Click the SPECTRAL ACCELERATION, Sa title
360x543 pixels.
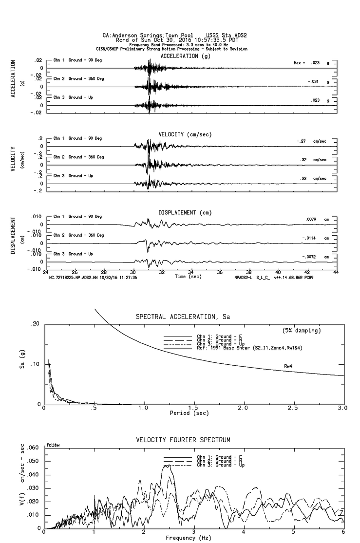183,317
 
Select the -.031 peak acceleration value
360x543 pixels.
314,81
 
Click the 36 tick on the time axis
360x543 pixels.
220,272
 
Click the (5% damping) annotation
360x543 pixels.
302,331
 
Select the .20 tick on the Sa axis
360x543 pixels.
35,324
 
